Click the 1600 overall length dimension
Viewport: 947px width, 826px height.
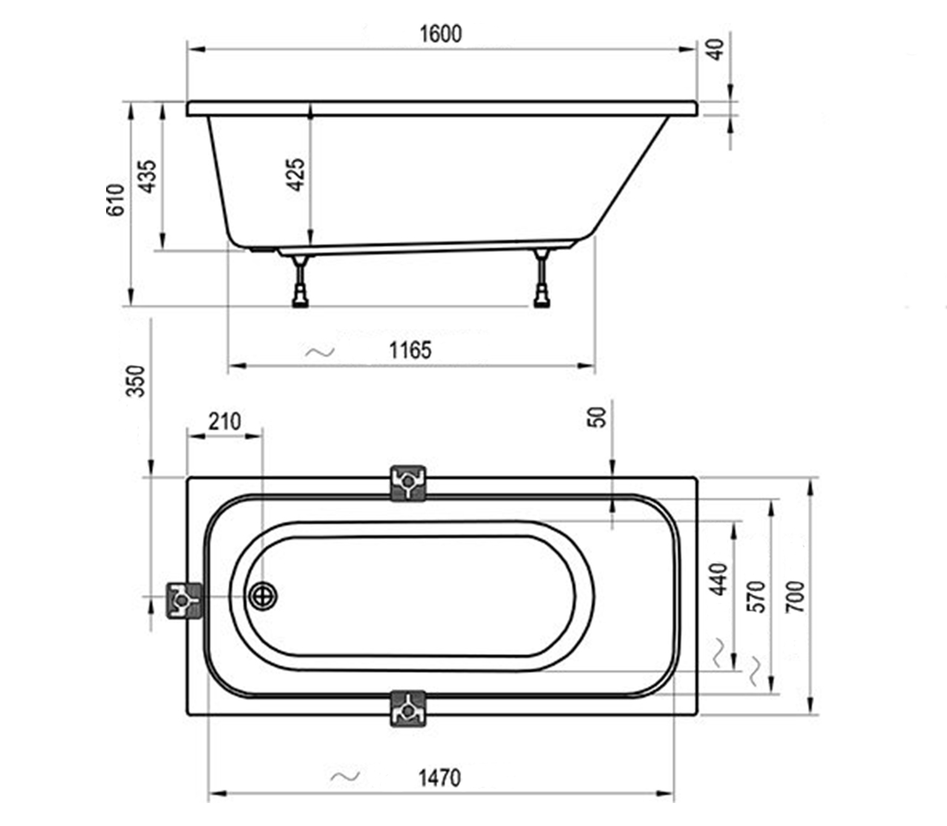441,34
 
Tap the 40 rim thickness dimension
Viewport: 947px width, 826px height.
715,50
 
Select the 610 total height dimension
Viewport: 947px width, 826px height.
116,200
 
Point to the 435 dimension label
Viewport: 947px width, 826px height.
148,176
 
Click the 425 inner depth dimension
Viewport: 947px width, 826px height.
296,175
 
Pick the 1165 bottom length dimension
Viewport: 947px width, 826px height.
410,350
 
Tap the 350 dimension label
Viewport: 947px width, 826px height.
136,381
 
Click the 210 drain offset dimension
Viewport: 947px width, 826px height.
224,422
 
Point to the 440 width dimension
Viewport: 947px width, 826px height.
719,579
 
